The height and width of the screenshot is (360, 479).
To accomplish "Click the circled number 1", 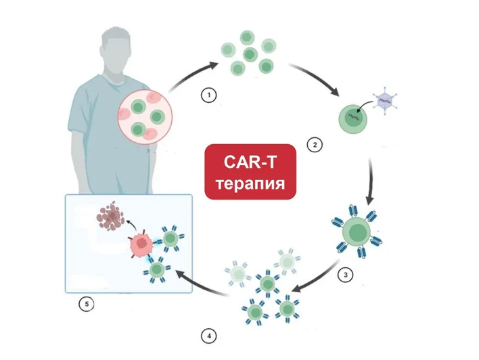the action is tap(209, 95).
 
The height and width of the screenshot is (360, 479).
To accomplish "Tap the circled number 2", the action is tap(315, 145).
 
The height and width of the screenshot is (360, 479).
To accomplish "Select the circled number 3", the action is tap(346, 275).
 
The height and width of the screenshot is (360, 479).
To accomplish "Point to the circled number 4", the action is tap(209, 336).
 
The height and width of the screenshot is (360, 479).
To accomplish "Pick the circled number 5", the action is tap(87, 305).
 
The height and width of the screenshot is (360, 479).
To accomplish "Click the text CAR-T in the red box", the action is tap(250, 162).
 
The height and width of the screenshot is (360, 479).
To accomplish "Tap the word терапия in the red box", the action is tap(250, 184).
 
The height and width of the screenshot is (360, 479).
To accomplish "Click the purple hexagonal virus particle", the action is tap(384, 101).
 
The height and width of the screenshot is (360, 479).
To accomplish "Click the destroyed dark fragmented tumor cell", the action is tap(111, 215).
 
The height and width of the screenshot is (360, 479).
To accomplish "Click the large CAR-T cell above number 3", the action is tap(357, 232).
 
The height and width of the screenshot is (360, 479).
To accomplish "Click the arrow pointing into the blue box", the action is tap(201, 284).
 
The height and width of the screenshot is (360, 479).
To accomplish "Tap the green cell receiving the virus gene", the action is tap(353, 119).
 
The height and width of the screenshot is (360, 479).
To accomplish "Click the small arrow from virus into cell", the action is tap(365, 107).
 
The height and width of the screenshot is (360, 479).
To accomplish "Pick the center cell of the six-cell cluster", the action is tap(250, 55).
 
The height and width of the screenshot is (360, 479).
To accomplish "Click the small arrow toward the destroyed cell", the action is tap(131, 226).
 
